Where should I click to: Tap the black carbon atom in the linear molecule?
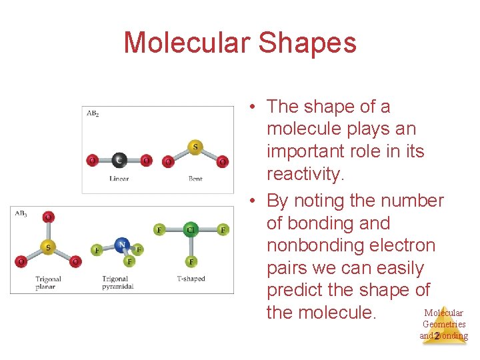click(x=119, y=160)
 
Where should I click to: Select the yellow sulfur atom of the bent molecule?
click(x=195, y=146)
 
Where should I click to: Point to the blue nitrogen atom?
click(x=121, y=245)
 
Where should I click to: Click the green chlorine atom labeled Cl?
click(x=191, y=230)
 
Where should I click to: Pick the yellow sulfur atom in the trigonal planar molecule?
click(x=47, y=247)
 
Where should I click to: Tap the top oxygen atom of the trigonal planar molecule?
click(x=47, y=217)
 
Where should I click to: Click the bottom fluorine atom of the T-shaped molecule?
click(x=191, y=262)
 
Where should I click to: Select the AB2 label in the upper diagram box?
click(x=93, y=113)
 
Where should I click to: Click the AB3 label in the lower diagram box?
click(x=21, y=213)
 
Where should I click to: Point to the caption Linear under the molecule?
click(x=119, y=179)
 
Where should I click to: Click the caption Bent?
click(x=195, y=179)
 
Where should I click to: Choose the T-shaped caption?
click(x=191, y=279)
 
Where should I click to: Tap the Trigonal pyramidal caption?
click(x=118, y=283)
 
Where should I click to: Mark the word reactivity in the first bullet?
click(x=305, y=175)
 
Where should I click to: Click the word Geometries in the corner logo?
click(x=444, y=324)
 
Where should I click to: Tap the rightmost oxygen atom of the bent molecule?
click(x=223, y=161)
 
